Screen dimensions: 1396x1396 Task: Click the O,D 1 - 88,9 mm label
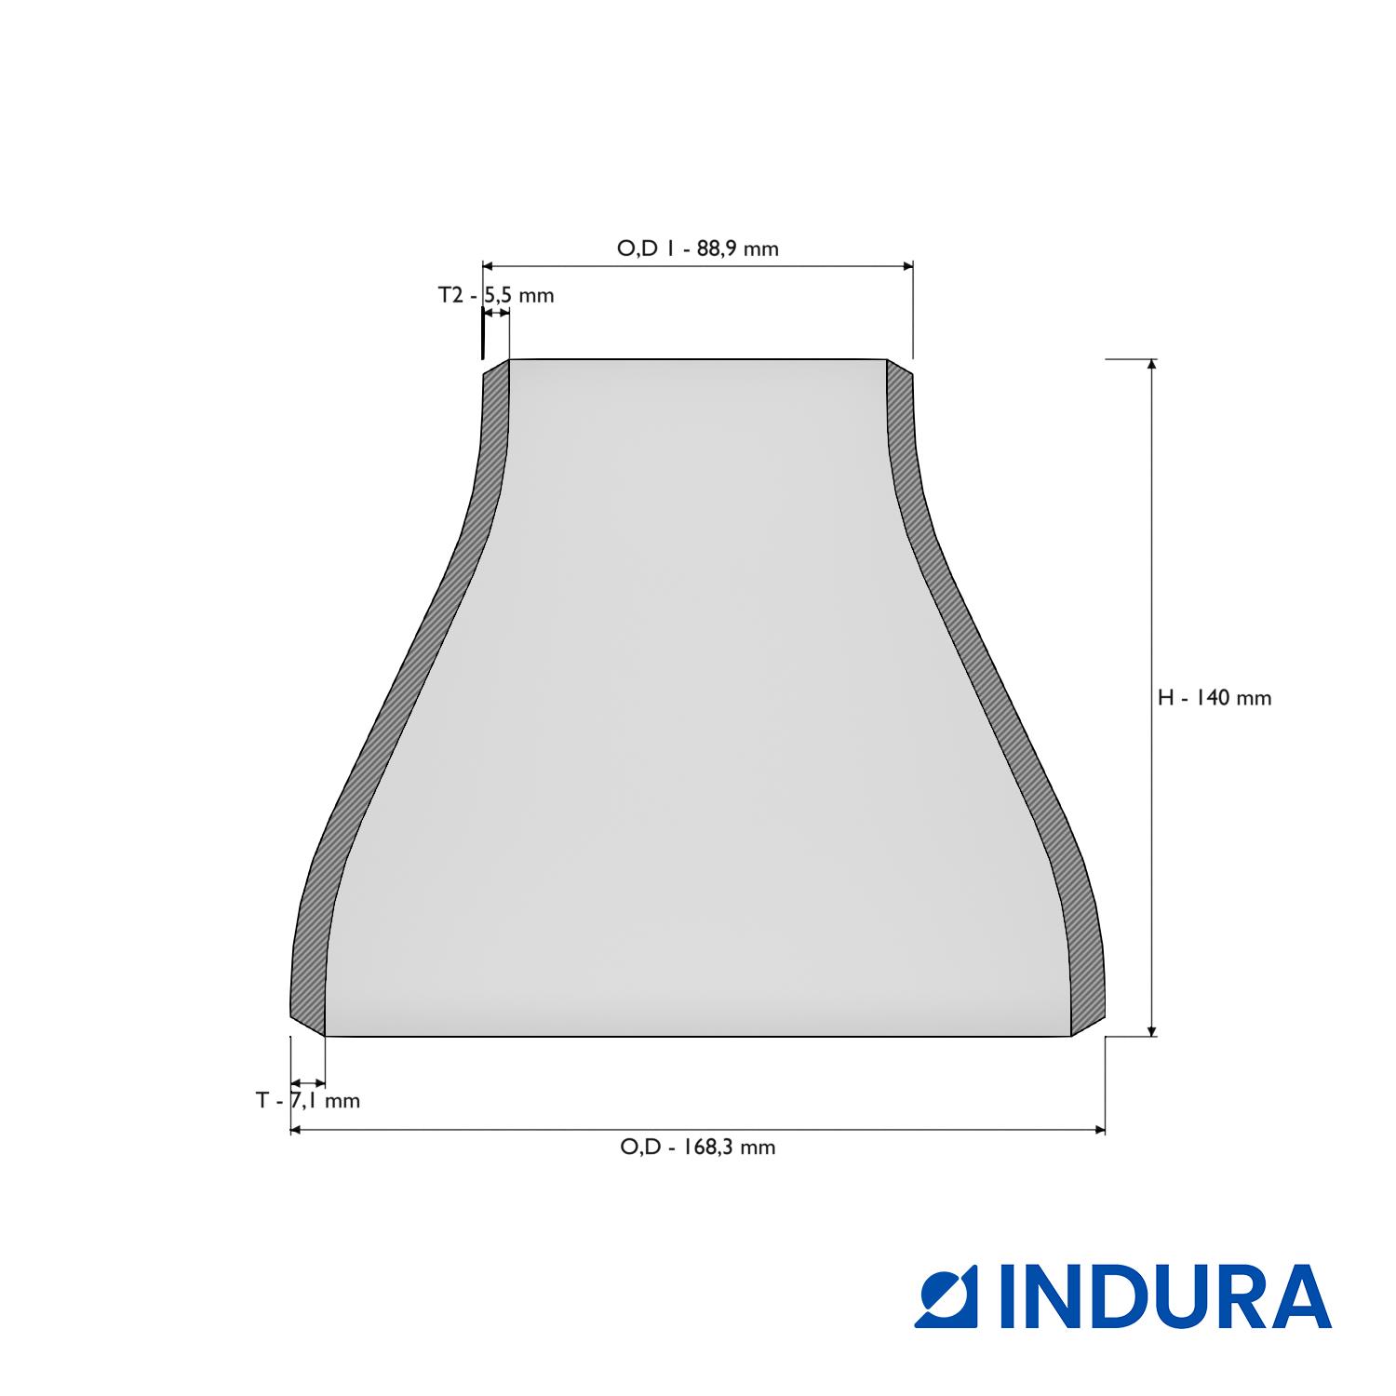tap(697, 248)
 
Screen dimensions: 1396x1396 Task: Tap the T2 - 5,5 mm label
tap(496, 296)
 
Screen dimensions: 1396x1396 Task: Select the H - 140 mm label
tap(1214, 698)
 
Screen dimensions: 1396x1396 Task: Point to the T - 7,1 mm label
tap(308, 1101)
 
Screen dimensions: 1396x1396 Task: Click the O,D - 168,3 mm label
tap(697, 1147)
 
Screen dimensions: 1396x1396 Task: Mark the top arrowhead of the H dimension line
tap(1152, 365)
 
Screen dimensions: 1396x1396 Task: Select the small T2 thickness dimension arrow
tap(496, 315)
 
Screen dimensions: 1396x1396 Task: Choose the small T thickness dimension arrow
tap(308, 1083)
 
